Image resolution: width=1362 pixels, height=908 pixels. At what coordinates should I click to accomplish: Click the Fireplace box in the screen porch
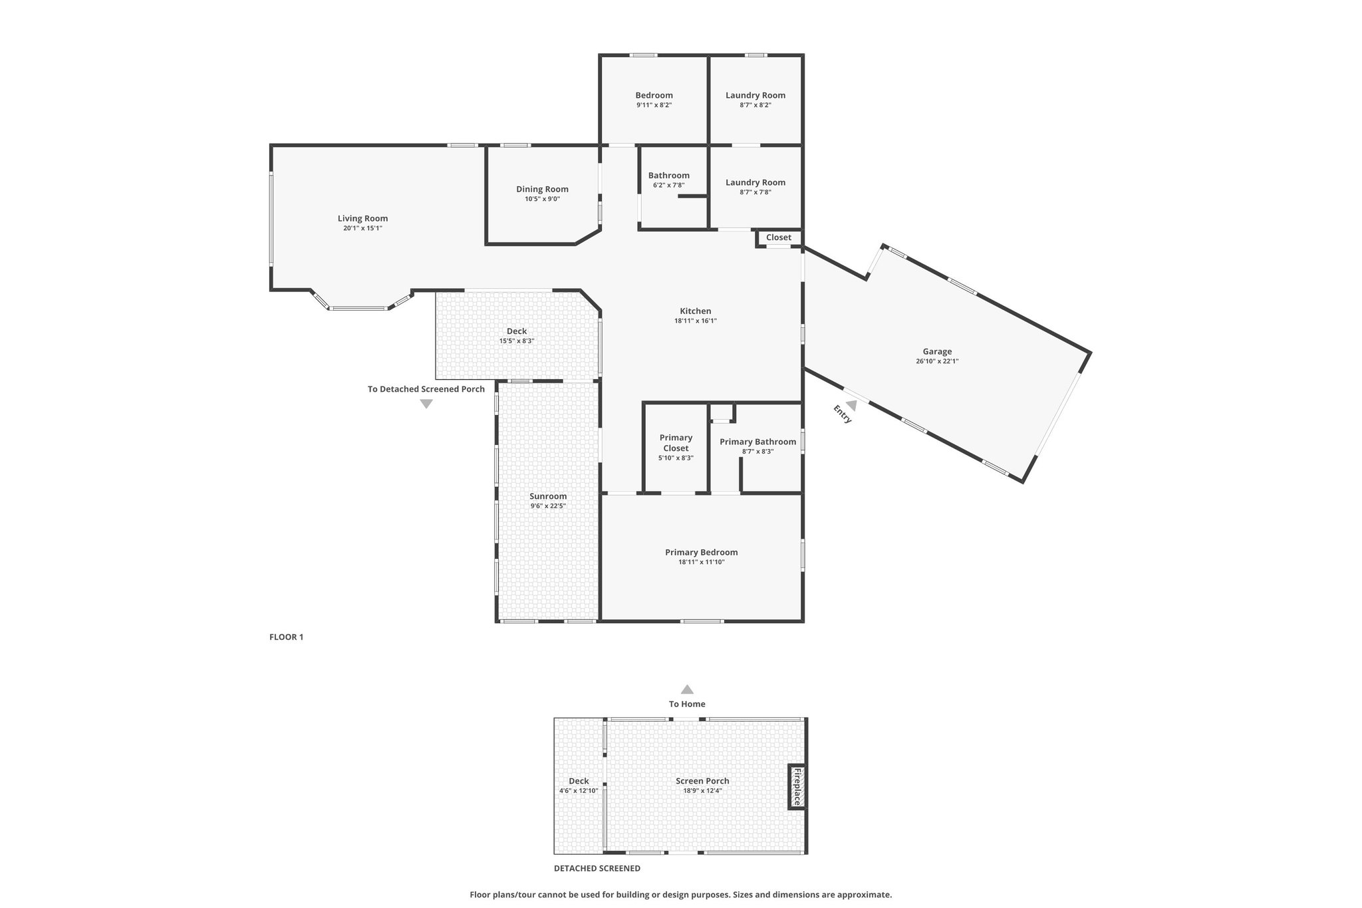[797, 787]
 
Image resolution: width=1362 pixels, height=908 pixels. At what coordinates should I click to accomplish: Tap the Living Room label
[362, 218]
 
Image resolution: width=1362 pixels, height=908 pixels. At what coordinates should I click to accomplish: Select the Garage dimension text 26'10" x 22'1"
[937, 361]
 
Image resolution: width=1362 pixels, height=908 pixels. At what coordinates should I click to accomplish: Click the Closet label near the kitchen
[779, 237]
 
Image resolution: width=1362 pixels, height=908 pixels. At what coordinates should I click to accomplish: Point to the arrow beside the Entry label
[851, 406]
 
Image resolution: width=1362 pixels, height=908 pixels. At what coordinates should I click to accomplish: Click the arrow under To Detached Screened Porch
[426, 404]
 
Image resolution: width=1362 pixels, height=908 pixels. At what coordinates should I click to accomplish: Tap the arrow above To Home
[687, 690]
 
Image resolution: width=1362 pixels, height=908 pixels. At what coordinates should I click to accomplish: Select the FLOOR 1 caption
[286, 637]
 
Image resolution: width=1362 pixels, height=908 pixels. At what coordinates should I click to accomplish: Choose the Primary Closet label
[676, 443]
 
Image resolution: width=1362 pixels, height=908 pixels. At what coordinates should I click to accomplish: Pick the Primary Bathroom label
[757, 442]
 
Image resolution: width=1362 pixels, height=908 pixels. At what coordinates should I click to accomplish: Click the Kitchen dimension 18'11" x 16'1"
[696, 321]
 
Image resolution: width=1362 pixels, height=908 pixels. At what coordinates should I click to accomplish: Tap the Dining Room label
[542, 189]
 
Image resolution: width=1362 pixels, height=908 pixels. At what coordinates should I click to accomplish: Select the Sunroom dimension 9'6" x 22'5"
[548, 506]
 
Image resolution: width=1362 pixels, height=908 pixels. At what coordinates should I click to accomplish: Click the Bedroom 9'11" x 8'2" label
[654, 95]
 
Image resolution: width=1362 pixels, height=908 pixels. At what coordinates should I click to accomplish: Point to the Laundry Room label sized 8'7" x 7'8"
[755, 182]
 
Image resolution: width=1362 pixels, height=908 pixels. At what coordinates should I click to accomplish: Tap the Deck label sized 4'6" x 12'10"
[579, 781]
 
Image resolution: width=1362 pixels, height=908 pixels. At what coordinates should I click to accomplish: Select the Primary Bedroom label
[702, 552]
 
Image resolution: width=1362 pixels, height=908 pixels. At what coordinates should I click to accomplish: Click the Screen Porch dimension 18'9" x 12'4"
[702, 791]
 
